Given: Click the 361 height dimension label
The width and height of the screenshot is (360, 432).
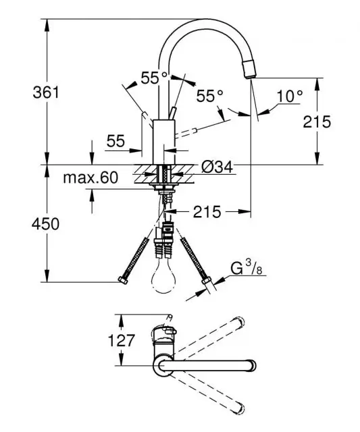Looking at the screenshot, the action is (46, 92).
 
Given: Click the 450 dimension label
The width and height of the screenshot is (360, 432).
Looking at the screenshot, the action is (45, 223).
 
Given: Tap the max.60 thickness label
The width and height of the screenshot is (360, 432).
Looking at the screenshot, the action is (91, 178).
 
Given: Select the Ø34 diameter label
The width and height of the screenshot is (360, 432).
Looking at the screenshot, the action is (217, 167).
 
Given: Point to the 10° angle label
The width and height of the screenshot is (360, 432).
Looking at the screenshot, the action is (290, 96).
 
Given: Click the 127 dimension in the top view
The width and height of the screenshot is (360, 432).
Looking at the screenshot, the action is (122, 340).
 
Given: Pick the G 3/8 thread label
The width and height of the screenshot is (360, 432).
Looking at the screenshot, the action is (246, 268).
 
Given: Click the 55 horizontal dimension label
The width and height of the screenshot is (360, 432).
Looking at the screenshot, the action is (115, 141).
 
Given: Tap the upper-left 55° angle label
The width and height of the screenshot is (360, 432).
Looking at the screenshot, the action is (154, 78).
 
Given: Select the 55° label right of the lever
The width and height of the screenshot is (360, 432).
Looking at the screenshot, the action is (209, 96).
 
